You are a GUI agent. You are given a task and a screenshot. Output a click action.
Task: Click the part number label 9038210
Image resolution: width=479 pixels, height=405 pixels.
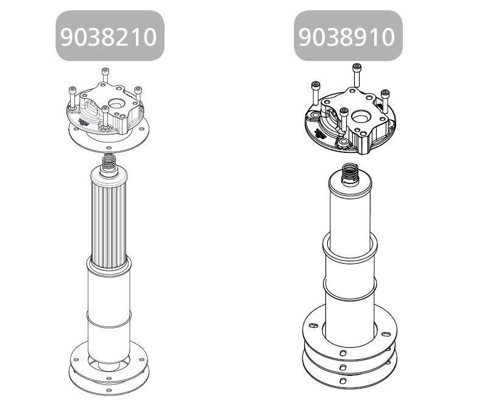click(x=109, y=37)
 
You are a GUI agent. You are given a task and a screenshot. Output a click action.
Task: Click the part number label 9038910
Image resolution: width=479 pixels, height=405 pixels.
click(x=347, y=37)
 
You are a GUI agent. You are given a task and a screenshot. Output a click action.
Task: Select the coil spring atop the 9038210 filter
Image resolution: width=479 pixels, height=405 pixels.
click(x=109, y=161)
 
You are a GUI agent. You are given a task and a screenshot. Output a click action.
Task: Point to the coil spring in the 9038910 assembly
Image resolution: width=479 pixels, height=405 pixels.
click(x=350, y=172)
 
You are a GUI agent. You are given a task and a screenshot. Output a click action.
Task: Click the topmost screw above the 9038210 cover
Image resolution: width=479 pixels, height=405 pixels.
click(x=105, y=75)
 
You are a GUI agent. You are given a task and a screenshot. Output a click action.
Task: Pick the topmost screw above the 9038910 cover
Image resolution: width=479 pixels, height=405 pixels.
click(x=357, y=75)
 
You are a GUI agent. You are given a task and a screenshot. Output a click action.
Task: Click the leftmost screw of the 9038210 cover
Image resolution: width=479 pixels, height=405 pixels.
click(x=73, y=98)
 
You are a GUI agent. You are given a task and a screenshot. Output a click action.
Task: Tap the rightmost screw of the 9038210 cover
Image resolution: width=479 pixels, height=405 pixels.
click(x=138, y=94)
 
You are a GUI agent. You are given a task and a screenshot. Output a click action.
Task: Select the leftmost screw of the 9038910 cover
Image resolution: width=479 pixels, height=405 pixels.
click(x=316, y=93)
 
